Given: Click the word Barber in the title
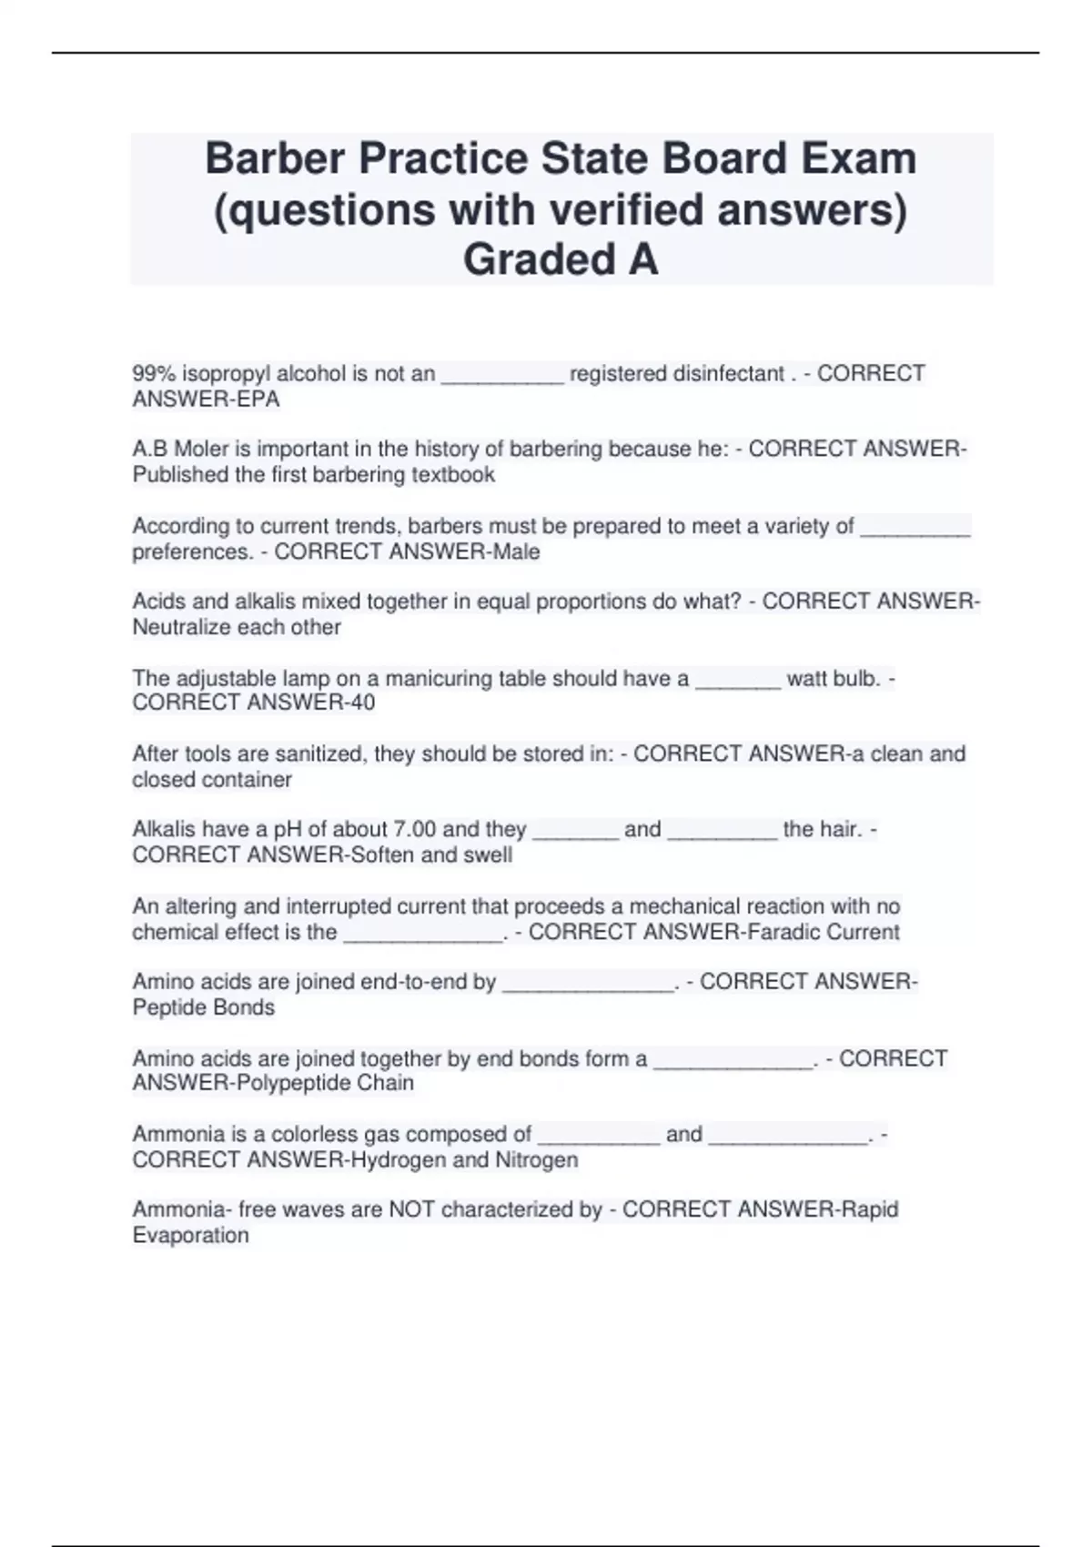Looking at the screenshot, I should pyautogui.click(x=275, y=159).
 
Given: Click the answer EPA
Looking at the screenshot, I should pyautogui.click(x=259, y=399).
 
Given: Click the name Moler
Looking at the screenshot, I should pyautogui.click(x=201, y=450).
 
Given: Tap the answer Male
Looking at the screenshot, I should pyautogui.click(x=516, y=551).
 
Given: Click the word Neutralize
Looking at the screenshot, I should pyautogui.click(x=182, y=627).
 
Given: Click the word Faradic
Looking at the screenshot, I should pyautogui.click(x=783, y=932).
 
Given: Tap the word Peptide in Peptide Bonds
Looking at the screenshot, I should pyautogui.click(x=168, y=1007).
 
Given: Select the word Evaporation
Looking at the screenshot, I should pyautogui.click(x=190, y=1235).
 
